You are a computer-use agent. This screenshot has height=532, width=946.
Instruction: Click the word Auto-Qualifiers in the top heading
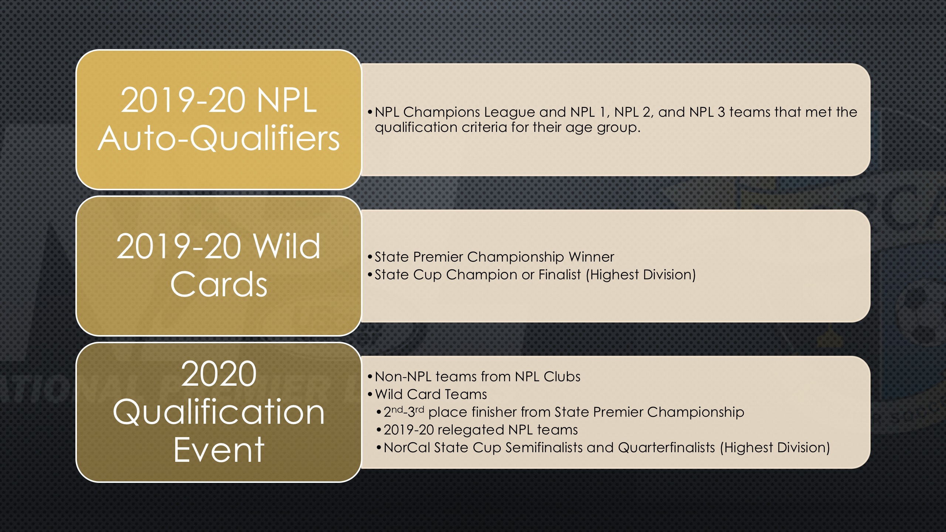click(x=218, y=139)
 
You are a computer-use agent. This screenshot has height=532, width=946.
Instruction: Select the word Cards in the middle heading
click(x=219, y=284)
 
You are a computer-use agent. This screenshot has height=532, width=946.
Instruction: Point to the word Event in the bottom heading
click(x=219, y=450)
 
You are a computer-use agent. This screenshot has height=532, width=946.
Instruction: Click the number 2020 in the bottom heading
click(x=219, y=374)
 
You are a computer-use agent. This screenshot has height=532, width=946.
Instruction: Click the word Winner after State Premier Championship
click(x=591, y=257)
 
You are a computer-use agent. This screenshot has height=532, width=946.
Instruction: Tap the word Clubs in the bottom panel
click(x=562, y=376)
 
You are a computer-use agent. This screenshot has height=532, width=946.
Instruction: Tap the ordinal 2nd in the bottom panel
click(x=393, y=412)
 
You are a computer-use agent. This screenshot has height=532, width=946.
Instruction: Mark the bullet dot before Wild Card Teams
click(x=370, y=395)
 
